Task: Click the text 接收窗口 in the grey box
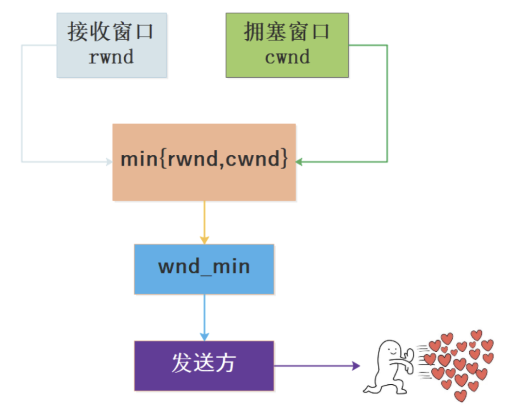click(x=111, y=32)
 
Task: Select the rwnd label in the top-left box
click(x=111, y=57)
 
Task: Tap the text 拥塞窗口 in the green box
click(x=287, y=32)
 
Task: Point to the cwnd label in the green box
click(x=287, y=57)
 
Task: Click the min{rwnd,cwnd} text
click(x=204, y=159)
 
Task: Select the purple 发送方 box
click(x=204, y=365)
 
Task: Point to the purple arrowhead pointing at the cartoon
click(x=356, y=366)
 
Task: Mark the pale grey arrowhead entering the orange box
click(x=109, y=162)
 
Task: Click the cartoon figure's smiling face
click(x=393, y=349)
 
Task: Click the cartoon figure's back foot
click(x=370, y=388)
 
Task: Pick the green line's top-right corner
click(x=387, y=45)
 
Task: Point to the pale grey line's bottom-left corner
click(x=22, y=162)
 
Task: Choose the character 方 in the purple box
click(x=226, y=363)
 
